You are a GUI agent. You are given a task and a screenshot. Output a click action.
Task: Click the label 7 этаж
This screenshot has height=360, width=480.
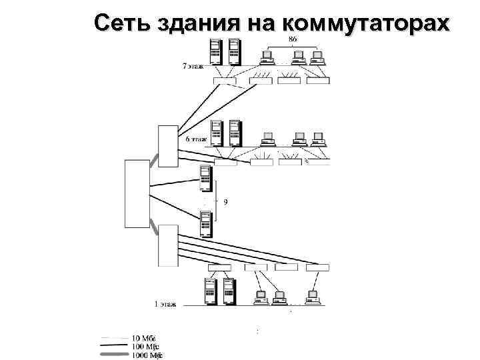(x=194, y=67)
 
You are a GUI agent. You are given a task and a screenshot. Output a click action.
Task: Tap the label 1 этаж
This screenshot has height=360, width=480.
(x=165, y=304)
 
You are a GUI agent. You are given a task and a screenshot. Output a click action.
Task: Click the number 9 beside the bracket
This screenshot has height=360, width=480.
(x=225, y=201)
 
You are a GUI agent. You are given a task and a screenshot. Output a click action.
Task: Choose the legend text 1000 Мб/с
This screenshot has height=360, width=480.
(x=147, y=355)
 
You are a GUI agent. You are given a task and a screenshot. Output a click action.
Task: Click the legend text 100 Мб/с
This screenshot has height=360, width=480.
(x=145, y=347)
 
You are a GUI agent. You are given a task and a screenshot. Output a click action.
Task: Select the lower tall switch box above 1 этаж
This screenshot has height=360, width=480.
(x=168, y=244)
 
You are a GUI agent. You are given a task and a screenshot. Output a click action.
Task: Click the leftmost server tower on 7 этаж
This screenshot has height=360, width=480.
(x=215, y=52)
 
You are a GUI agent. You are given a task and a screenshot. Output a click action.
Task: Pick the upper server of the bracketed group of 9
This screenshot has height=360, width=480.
(x=205, y=179)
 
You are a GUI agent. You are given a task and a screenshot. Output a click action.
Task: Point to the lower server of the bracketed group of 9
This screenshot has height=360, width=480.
(x=205, y=223)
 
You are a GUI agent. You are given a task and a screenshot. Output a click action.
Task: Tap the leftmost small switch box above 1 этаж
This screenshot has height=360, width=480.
(x=219, y=267)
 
